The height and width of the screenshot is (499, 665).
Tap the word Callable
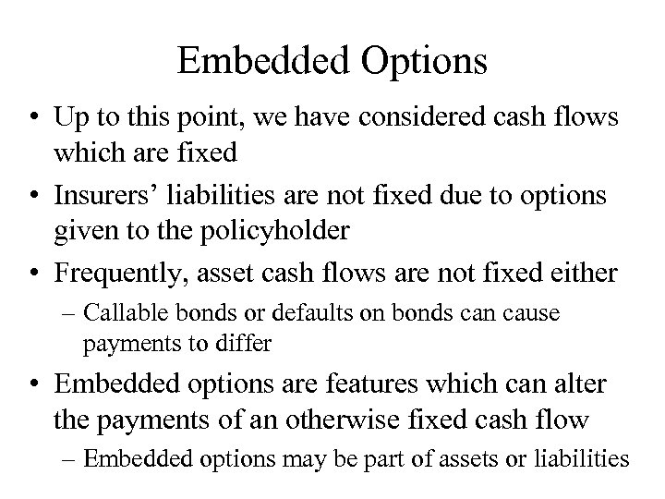117,314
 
